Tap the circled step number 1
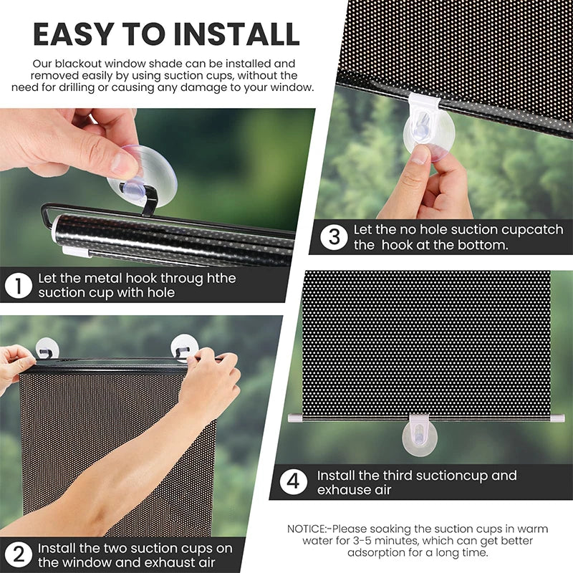point(19,286)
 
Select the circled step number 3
point(334,238)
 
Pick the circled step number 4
point(293,482)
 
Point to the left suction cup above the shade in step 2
point(46,348)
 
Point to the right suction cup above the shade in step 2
point(185,347)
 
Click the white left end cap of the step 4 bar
point(293,417)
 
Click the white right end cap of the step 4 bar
point(559,417)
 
